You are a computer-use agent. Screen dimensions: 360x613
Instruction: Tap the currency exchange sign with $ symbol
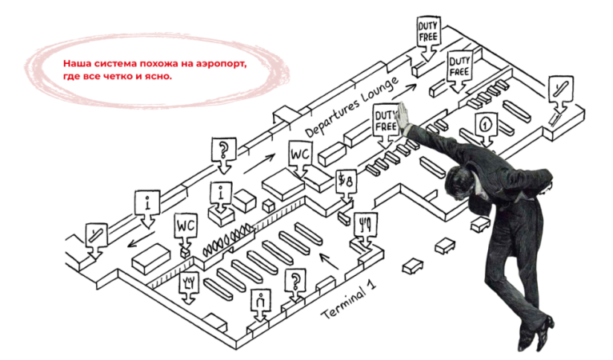click(347, 183)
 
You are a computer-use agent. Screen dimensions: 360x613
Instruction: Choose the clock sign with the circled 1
click(484, 126)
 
